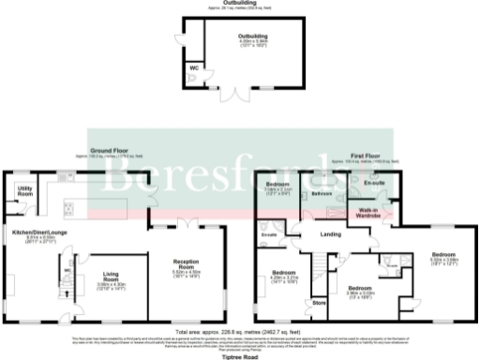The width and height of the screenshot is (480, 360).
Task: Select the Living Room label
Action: [112, 277]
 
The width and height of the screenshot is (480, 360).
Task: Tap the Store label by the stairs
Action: [318, 303]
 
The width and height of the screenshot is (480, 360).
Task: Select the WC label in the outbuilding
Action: [193, 67]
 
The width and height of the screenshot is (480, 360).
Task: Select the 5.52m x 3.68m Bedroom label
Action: [443, 258]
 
